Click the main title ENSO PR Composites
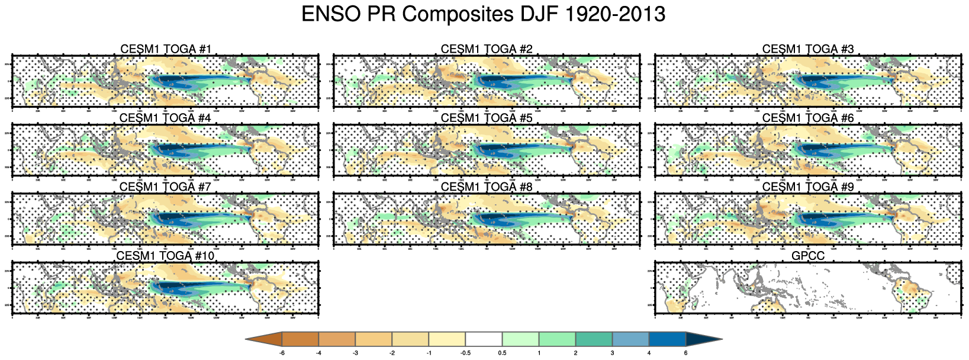[483, 14]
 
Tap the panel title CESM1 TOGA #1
[165, 49]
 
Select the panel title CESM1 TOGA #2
[487, 49]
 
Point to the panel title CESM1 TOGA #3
[808, 49]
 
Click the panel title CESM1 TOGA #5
[487, 118]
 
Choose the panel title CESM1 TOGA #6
[808, 118]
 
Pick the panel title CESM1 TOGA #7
[165, 187]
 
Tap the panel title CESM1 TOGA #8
[487, 187]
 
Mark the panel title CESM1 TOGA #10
[165, 256]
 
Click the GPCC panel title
[808, 256]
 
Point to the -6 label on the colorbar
[282, 353]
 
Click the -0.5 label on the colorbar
[466, 353]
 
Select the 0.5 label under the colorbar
[502, 353]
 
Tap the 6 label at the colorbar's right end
[685, 353]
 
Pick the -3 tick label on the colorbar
[356, 353]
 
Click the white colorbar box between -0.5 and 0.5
[484, 339]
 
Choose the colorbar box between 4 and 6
[667, 339]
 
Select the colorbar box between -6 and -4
[301, 339]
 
